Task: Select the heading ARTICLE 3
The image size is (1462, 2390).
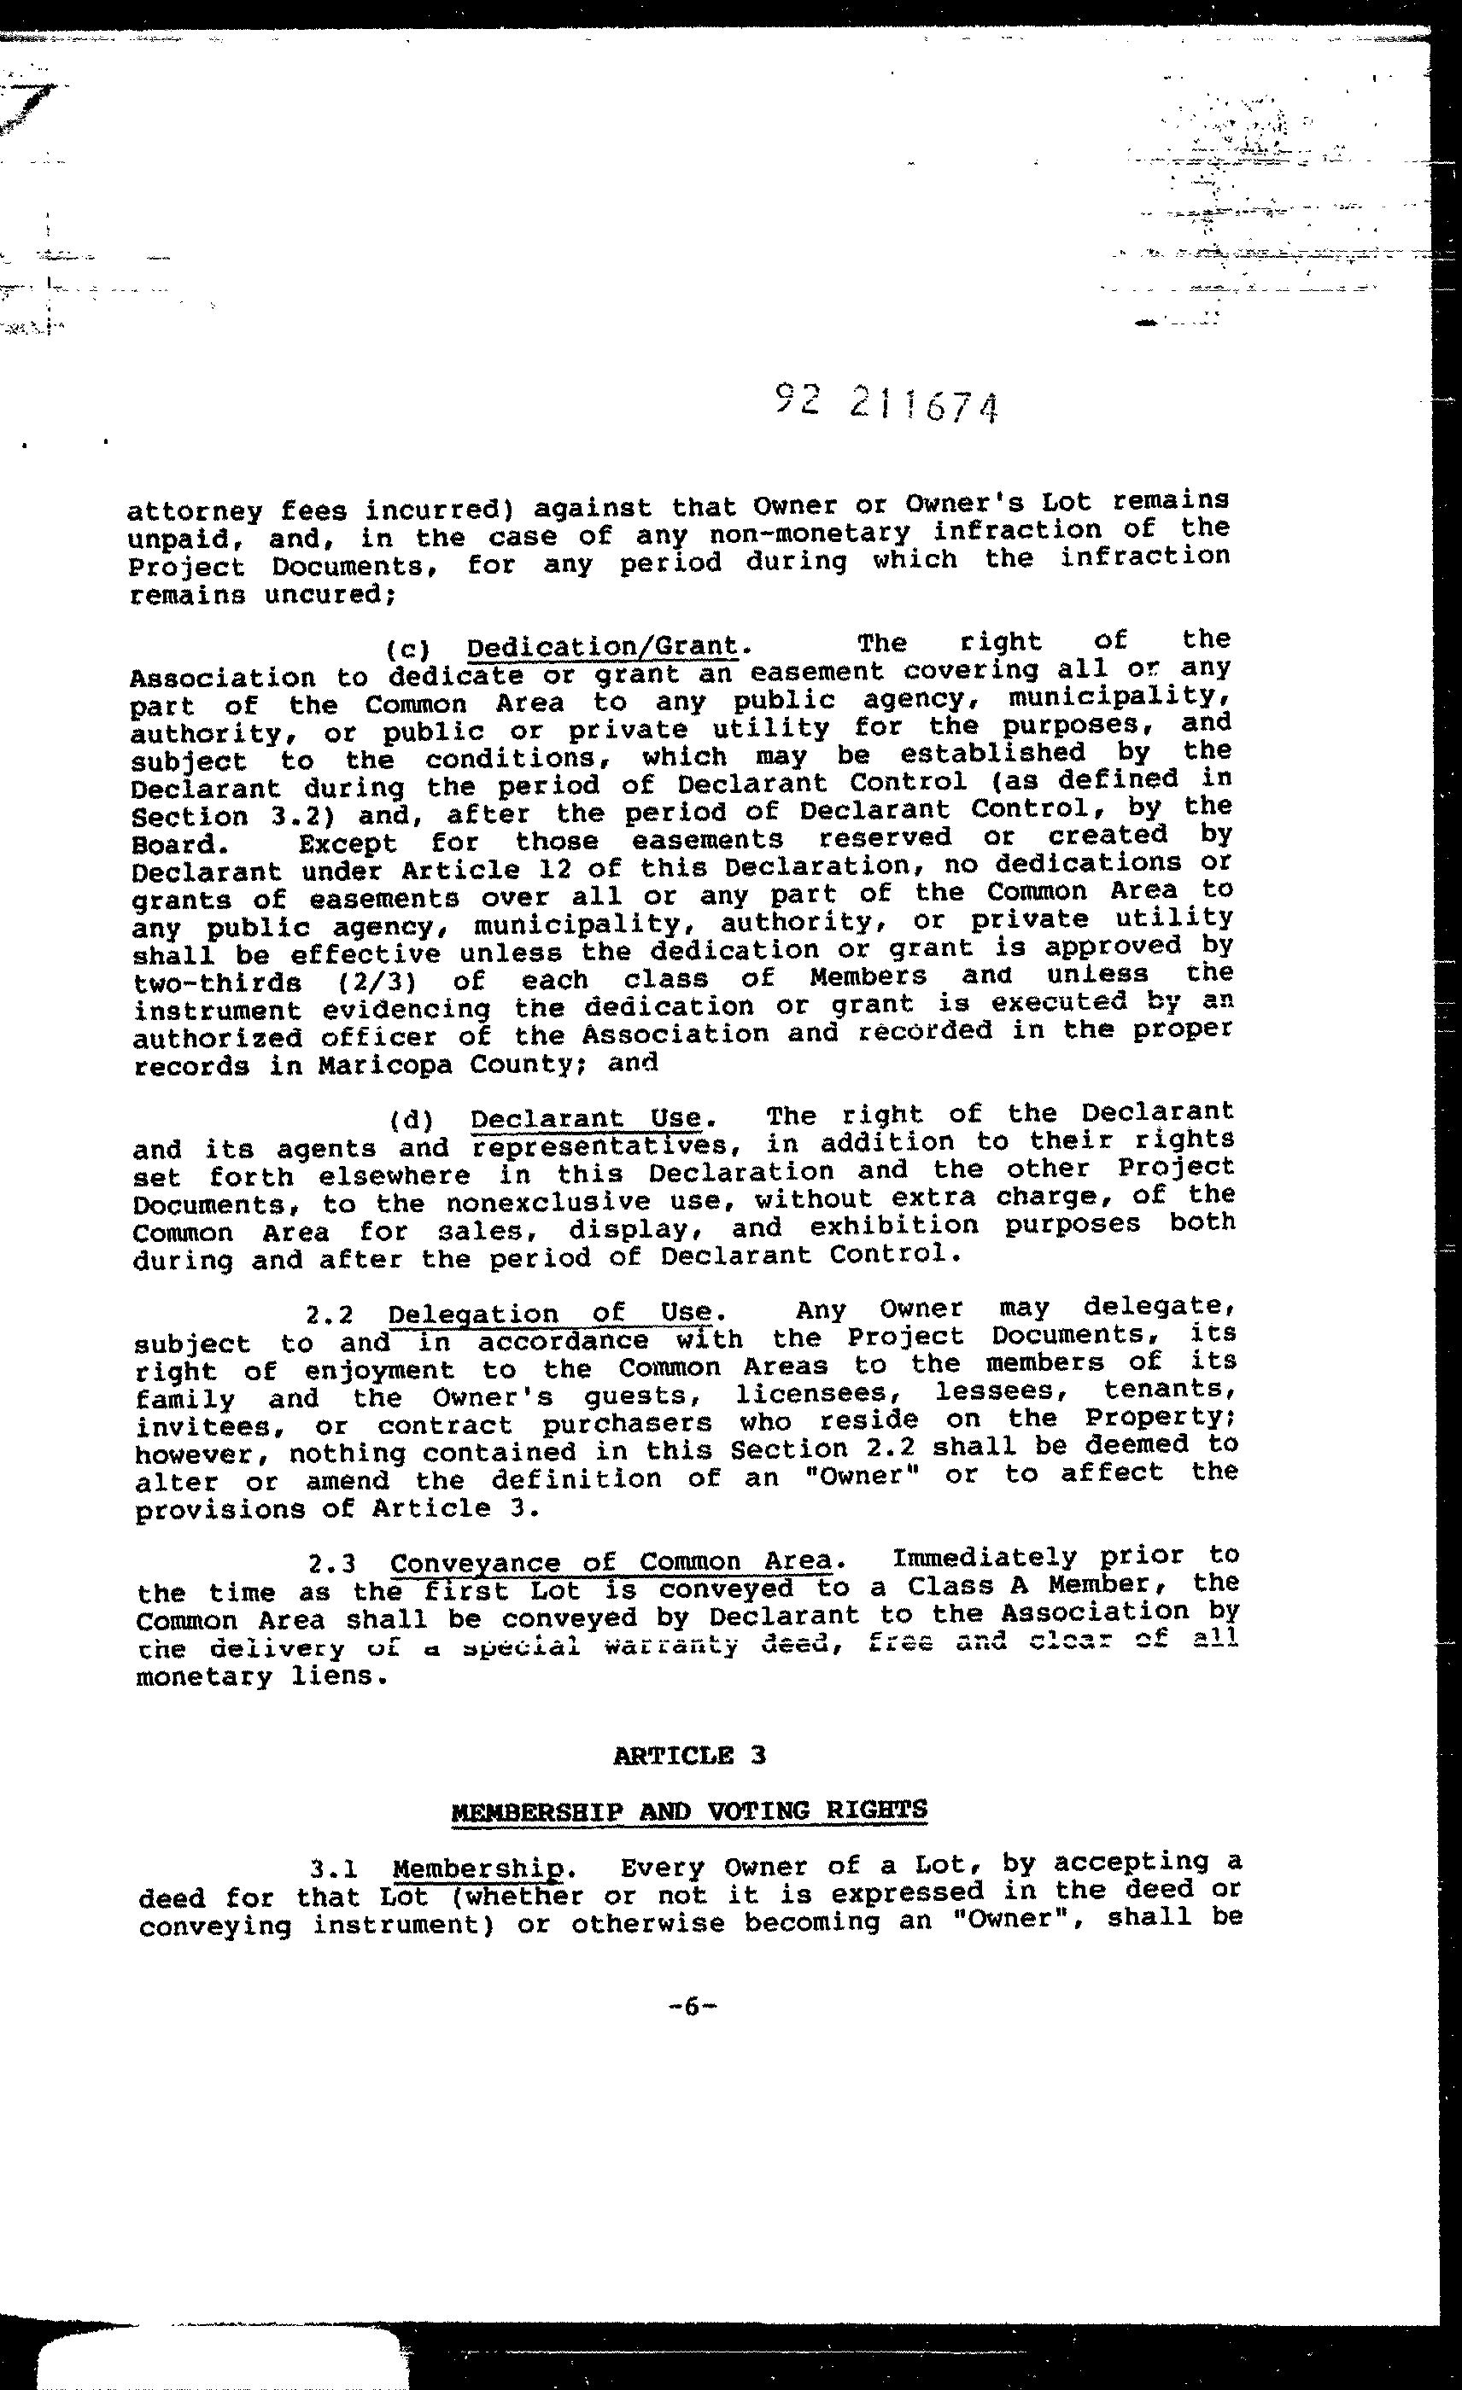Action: tap(689, 1755)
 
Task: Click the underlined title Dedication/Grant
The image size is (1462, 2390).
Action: tap(601, 646)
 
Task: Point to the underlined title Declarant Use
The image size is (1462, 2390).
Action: tap(586, 1118)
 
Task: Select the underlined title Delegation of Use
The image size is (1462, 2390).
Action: tap(550, 1314)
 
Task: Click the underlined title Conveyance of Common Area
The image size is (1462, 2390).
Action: tap(611, 1563)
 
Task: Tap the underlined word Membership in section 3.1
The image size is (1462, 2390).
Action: tap(478, 1868)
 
